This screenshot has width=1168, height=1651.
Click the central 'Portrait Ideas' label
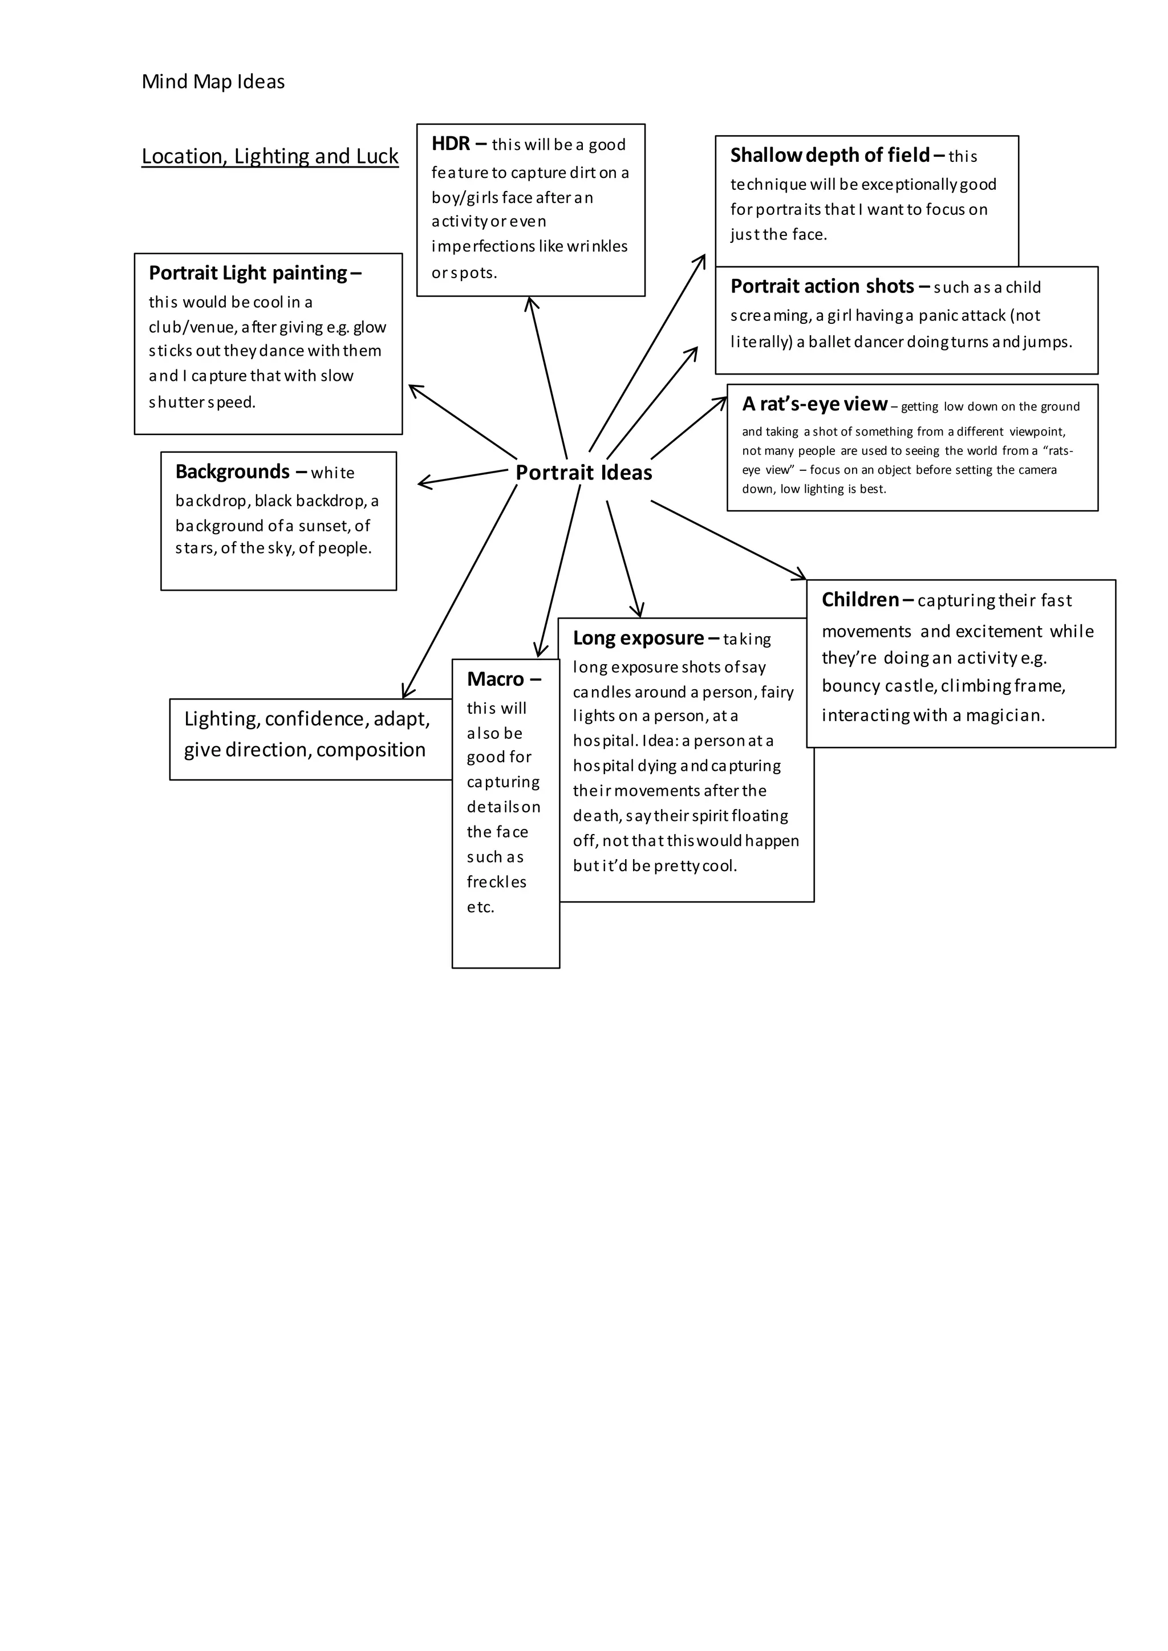tap(583, 473)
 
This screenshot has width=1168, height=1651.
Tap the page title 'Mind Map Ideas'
tap(213, 82)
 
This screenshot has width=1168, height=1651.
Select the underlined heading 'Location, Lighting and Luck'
tap(270, 156)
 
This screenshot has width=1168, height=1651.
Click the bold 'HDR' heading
tap(451, 144)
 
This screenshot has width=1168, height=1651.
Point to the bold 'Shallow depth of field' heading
tap(830, 155)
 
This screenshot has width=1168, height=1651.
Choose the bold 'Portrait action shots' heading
tap(822, 286)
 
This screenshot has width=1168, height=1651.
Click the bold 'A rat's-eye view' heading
tap(815, 404)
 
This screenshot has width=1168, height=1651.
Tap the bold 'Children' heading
tap(860, 600)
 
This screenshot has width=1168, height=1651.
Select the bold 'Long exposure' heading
tap(638, 638)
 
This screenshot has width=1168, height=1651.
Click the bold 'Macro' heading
tap(496, 679)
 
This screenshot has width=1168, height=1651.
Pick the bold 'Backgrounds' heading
tap(232, 471)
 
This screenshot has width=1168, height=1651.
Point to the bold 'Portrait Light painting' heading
tap(248, 273)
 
